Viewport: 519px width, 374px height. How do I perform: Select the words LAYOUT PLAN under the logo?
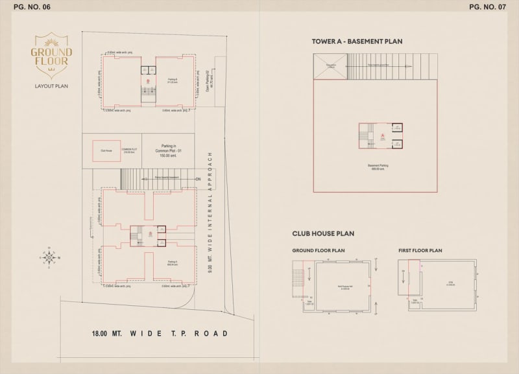51,86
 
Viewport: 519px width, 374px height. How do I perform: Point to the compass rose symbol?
49,257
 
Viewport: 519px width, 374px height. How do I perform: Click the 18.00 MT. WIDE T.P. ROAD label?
159,333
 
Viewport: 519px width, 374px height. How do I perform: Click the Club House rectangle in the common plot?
106,150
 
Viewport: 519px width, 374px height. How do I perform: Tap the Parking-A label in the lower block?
172,263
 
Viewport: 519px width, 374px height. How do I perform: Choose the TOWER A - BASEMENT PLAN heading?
357,41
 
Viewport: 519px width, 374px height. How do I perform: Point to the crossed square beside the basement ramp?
331,65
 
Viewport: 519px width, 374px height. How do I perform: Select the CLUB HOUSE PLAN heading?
322,233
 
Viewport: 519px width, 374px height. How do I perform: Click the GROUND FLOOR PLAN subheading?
318,250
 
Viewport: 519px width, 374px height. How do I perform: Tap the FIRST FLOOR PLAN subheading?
420,250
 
